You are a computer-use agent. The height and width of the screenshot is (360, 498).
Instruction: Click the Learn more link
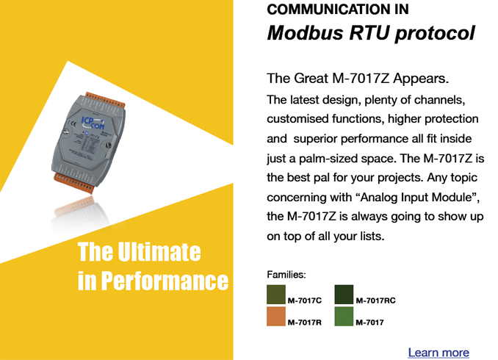[439, 353]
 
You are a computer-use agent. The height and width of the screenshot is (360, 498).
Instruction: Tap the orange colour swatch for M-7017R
[276, 316]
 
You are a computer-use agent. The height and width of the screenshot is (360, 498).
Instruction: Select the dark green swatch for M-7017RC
[344, 295]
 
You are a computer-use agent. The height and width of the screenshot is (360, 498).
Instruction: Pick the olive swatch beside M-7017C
[276, 295]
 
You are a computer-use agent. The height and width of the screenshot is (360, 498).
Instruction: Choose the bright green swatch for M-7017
[344, 316]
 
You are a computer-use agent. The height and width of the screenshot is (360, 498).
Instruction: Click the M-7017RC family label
[376, 300]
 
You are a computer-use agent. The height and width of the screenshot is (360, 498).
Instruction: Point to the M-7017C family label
[305, 300]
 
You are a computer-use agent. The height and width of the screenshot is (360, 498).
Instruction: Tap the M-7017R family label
[305, 323]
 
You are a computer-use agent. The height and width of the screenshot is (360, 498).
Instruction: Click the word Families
[286, 275]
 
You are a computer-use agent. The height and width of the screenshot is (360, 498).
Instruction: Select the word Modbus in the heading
[306, 33]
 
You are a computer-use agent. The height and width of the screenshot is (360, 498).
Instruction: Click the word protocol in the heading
[435, 34]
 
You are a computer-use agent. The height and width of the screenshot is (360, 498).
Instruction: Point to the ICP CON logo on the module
[93, 123]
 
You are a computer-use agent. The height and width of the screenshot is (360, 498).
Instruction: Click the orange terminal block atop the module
[105, 100]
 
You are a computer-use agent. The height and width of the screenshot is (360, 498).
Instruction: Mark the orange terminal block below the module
[73, 184]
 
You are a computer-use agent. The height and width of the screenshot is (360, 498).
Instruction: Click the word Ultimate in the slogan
[159, 252]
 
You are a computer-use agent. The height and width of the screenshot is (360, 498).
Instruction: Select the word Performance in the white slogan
[165, 281]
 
